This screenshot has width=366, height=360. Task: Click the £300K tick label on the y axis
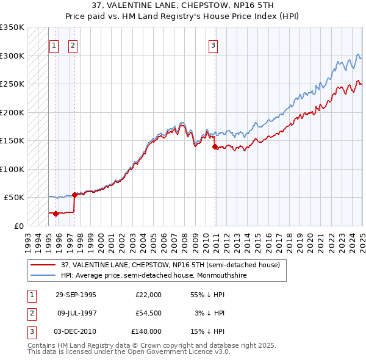coord(12,56)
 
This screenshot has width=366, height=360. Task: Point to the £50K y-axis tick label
coord(15,198)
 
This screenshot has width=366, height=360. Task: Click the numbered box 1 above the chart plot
coord(54,45)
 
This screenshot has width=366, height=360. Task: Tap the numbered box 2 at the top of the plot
coord(73,45)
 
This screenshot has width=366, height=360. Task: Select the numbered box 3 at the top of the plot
coord(213,45)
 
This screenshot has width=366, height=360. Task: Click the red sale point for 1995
coord(56,214)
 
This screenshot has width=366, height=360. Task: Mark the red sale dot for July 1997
coord(74,195)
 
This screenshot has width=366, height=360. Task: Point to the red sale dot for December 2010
coord(215,146)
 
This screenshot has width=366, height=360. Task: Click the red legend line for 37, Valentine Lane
coord(43,265)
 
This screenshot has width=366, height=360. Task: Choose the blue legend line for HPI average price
coord(43,275)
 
